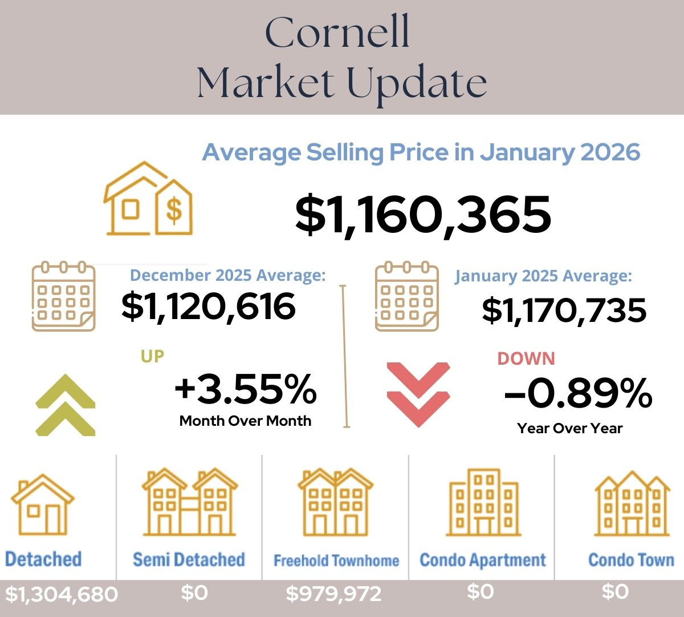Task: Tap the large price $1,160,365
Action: [423, 215]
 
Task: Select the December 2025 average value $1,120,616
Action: [209, 307]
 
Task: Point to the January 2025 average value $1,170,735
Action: [564, 310]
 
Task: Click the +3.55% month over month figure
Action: [245, 389]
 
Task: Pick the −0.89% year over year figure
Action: [578, 393]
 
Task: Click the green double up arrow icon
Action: [65, 405]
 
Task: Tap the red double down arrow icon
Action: [418, 394]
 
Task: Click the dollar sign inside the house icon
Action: [174, 209]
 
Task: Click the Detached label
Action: [43, 559]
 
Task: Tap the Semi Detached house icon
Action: [189, 502]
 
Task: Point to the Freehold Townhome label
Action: [336, 560]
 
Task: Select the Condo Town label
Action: [631, 559]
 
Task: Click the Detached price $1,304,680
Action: [61, 594]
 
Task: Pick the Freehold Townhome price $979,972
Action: [333, 594]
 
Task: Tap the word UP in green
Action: [152, 356]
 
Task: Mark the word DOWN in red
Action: [526, 358]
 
